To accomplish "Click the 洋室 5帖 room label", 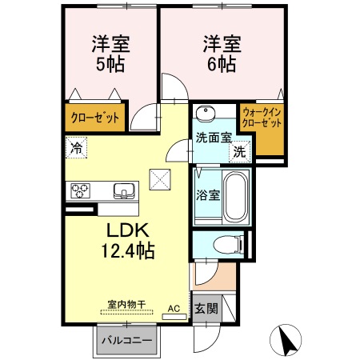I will [105, 54].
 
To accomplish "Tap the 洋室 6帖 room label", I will [218, 54].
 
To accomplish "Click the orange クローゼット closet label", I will [94, 118].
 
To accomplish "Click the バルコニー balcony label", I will [126, 342].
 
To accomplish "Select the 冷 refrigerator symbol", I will [75, 147].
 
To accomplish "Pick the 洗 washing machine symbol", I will [239, 150].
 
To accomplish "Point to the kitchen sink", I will [124, 190].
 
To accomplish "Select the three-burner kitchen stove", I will [81, 190].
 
